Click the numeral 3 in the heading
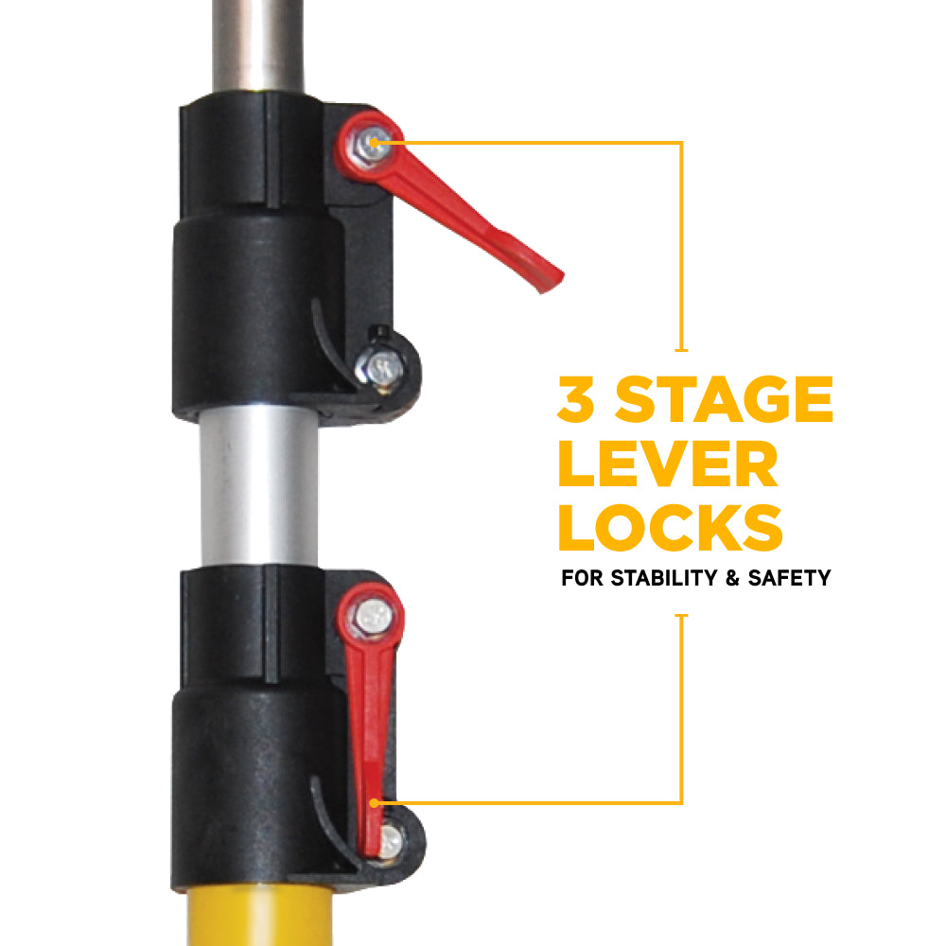coord(576,398)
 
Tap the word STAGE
coord(724,399)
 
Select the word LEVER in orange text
coord(668,464)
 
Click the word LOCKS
coord(671,528)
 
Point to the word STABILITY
coord(666,578)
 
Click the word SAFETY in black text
coord(789,578)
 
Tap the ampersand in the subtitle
coord(733,578)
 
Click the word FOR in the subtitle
coord(582,578)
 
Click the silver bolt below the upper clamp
coord(379,367)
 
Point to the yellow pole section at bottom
coord(259,916)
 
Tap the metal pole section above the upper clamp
coord(258,45)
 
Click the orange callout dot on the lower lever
coord(374,803)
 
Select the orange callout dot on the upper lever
coord(374,143)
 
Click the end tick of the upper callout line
coord(682,350)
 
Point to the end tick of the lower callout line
coord(682,616)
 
